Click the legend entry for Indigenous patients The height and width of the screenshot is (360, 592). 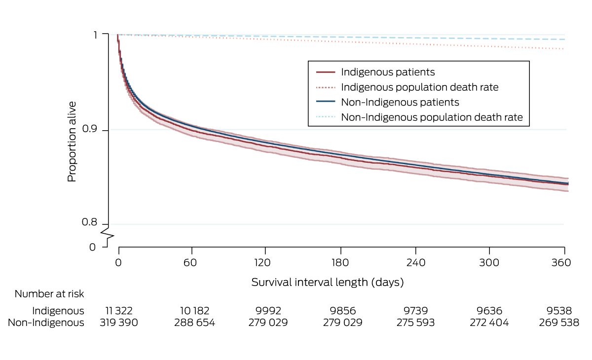point(388,72)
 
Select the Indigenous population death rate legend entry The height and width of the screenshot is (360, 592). point(419,87)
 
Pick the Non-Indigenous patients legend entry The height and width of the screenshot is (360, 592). point(400,103)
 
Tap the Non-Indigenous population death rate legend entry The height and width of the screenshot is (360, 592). point(432,118)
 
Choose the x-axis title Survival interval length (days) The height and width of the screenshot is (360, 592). point(328,283)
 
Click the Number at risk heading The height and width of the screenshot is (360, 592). point(49,294)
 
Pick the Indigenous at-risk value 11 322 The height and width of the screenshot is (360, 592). point(119,311)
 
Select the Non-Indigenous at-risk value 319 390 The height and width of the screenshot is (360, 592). point(119,323)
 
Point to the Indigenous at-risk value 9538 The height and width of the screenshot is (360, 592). point(559,311)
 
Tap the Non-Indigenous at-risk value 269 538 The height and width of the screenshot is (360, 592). point(559,323)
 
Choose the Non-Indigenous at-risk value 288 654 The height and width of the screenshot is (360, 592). point(190,323)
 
